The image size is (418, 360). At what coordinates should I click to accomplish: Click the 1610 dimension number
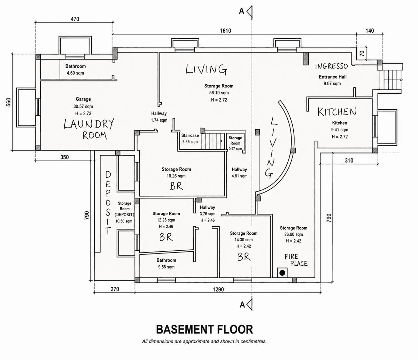click(x=225, y=31)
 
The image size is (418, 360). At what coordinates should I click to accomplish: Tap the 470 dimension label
click(x=75, y=19)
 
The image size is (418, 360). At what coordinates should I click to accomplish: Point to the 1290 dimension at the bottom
click(x=218, y=289)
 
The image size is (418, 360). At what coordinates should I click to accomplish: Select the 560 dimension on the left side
click(x=8, y=102)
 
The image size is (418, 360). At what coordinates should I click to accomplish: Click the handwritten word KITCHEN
click(x=337, y=112)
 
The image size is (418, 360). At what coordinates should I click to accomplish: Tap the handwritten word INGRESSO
click(x=332, y=66)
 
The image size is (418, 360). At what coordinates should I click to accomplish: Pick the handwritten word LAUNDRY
click(x=89, y=124)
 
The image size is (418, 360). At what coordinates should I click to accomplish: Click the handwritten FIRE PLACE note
click(x=296, y=260)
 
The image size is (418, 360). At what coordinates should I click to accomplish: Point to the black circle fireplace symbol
click(x=282, y=273)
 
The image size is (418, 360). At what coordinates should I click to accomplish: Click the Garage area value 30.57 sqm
click(x=83, y=106)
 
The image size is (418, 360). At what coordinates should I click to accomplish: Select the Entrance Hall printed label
click(x=333, y=77)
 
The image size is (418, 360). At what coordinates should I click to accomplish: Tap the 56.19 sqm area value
click(x=219, y=93)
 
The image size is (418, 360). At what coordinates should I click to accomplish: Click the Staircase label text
click(x=190, y=135)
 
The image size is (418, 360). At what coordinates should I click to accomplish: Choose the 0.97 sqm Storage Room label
click(x=235, y=143)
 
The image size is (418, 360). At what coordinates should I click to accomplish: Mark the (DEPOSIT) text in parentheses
click(x=124, y=214)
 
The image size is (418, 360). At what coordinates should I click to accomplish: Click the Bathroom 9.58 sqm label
click(x=166, y=264)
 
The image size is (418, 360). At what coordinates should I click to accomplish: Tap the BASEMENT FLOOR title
click(x=204, y=329)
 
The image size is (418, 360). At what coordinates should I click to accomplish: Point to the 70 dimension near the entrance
click(x=362, y=53)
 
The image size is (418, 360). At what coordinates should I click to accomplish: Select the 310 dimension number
click(x=349, y=161)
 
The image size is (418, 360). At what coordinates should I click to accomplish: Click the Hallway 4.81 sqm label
click(x=239, y=173)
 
